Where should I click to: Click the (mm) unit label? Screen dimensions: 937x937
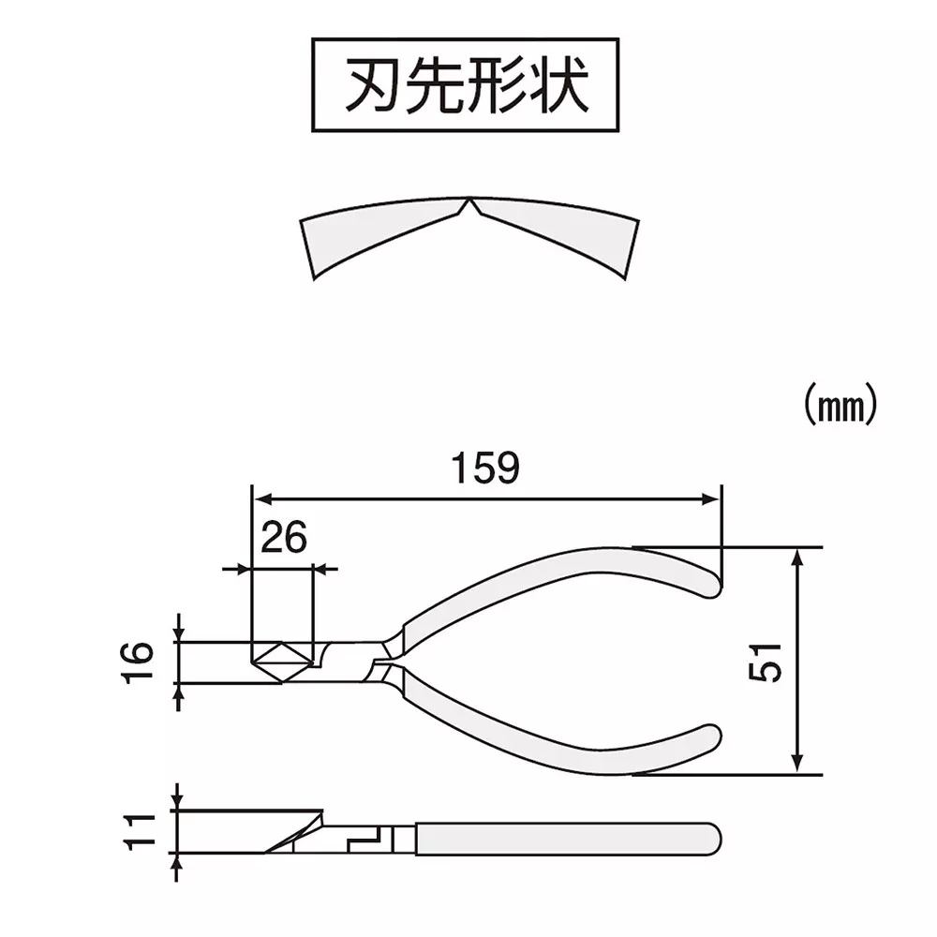click(x=840, y=403)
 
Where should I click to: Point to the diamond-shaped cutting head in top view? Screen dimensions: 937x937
click(x=281, y=662)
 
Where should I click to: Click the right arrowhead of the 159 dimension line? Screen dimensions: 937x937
click(x=714, y=499)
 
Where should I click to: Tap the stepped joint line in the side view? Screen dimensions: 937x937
click(x=365, y=837)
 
